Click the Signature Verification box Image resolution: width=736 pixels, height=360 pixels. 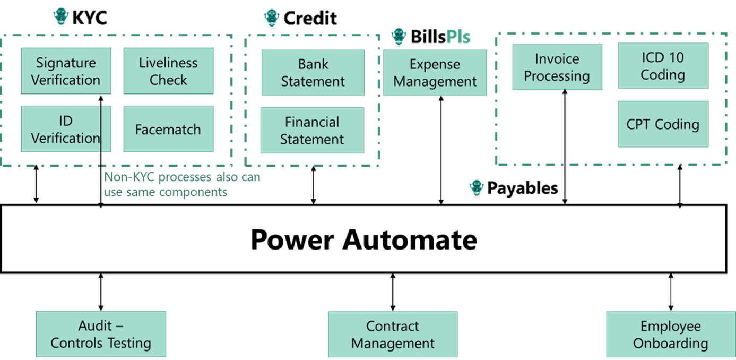[66, 71]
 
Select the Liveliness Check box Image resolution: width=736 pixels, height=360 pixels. [168, 71]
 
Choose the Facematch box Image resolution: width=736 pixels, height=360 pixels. [168, 130]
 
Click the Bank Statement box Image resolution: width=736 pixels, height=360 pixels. [313, 73]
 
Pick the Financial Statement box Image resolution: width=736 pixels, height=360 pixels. [312, 131]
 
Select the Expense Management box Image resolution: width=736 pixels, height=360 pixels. [435, 73]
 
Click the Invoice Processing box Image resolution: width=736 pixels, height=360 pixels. [557, 67]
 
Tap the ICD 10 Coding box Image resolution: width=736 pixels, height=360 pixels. [663, 66]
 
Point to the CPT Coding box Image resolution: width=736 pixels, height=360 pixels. [663, 124]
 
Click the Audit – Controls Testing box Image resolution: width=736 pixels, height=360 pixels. [101, 335]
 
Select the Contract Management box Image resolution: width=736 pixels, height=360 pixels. [393, 335]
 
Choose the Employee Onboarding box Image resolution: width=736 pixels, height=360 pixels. [670, 335]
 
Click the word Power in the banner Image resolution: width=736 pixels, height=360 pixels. [292, 239]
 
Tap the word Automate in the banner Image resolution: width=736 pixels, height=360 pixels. [410, 239]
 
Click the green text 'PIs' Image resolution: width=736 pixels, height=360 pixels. [458, 37]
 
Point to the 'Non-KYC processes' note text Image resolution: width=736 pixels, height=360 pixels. [182, 184]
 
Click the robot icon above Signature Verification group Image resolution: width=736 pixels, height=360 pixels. [62, 16]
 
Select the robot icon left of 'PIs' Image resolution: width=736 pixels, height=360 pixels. [399, 36]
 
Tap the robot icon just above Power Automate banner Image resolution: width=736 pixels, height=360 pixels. [477, 187]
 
